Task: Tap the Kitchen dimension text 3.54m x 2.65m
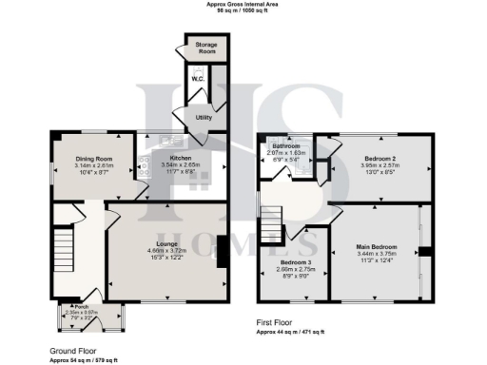click(x=181, y=165)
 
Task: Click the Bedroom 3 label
click(x=295, y=262)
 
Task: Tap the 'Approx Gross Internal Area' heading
click(x=244, y=4)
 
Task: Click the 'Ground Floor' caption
click(x=72, y=351)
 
